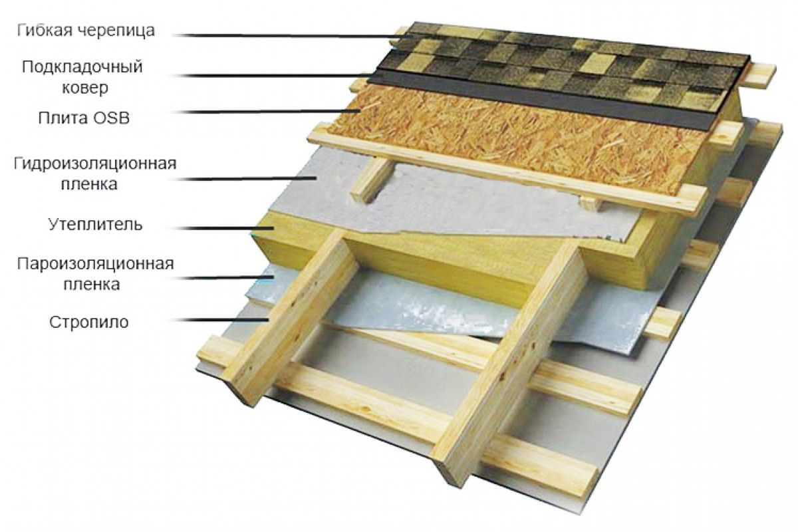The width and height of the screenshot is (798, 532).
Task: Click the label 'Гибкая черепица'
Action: click(86, 31)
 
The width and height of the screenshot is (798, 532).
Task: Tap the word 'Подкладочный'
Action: click(82, 67)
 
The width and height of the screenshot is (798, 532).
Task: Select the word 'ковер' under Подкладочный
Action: click(85, 88)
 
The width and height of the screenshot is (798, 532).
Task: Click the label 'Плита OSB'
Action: click(84, 118)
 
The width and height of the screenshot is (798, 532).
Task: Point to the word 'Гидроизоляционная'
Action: click(95, 164)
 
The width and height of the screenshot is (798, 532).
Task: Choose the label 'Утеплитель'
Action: click(95, 225)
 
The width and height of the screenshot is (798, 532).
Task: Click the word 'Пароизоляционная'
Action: click(96, 264)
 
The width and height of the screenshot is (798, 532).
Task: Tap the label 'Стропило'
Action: click(88, 323)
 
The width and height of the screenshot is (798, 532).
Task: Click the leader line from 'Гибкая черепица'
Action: click(293, 36)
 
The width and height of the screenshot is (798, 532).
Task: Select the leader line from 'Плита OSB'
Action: click(267, 112)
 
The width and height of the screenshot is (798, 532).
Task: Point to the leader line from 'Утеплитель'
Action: click(223, 228)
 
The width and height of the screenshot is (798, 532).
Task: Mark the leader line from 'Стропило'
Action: click(221, 320)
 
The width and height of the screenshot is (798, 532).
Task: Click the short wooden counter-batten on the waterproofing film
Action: click(372, 180)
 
